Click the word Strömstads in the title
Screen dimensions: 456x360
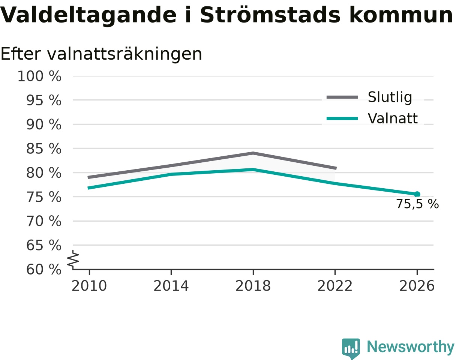click(x=270, y=15)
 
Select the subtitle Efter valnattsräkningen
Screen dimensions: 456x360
click(x=101, y=54)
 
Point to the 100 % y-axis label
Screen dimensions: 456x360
click(x=39, y=76)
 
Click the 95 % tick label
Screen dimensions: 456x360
click(x=43, y=100)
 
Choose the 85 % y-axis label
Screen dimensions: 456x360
click(x=43, y=148)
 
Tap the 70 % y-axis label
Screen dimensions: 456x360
click(x=43, y=221)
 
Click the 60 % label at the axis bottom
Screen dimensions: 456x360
click(x=43, y=270)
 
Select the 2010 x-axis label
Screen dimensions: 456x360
click(x=89, y=286)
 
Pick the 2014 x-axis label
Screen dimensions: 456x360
click(x=171, y=286)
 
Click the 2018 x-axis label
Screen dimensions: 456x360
click(x=253, y=286)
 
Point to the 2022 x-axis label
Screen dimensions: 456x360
click(x=335, y=286)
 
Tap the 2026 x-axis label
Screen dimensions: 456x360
click(x=417, y=286)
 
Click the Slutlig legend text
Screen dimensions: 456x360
click(x=390, y=97)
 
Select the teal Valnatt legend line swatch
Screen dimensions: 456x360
click(x=342, y=118)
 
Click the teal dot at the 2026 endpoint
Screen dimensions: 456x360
click(x=417, y=194)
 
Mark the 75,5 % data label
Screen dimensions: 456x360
click(x=417, y=204)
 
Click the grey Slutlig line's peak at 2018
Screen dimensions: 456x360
click(x=253, y=153)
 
